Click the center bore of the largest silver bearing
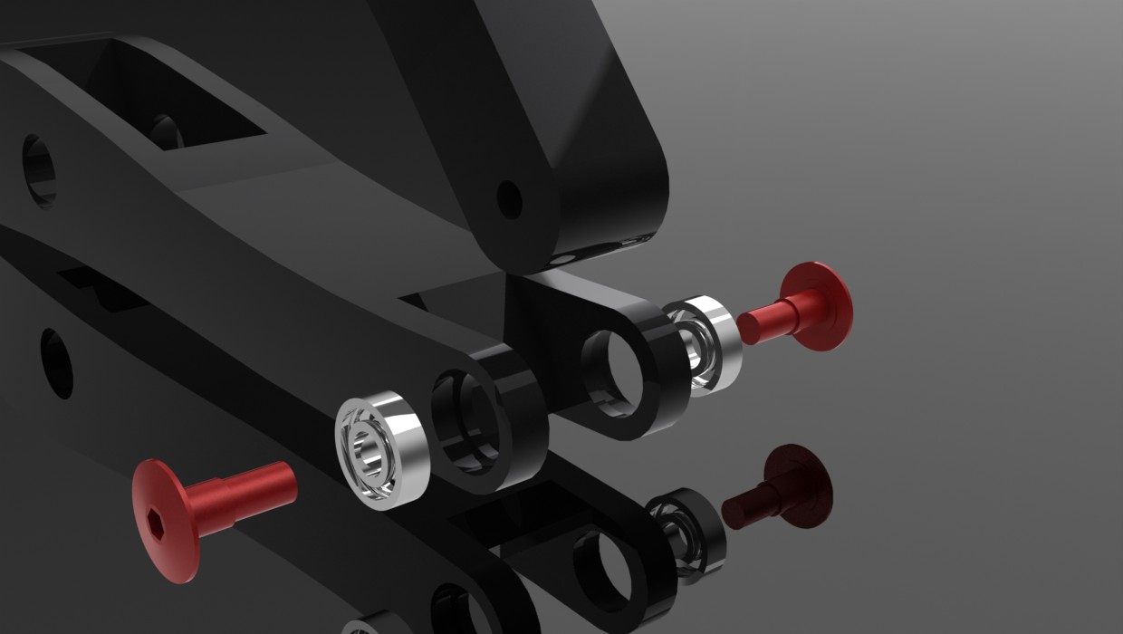pyautogui.click(x=370, y=449)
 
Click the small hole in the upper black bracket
pyautogui.click(x=509, y=199)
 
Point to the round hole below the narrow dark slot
pyautogui.click(x=56, y=362)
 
